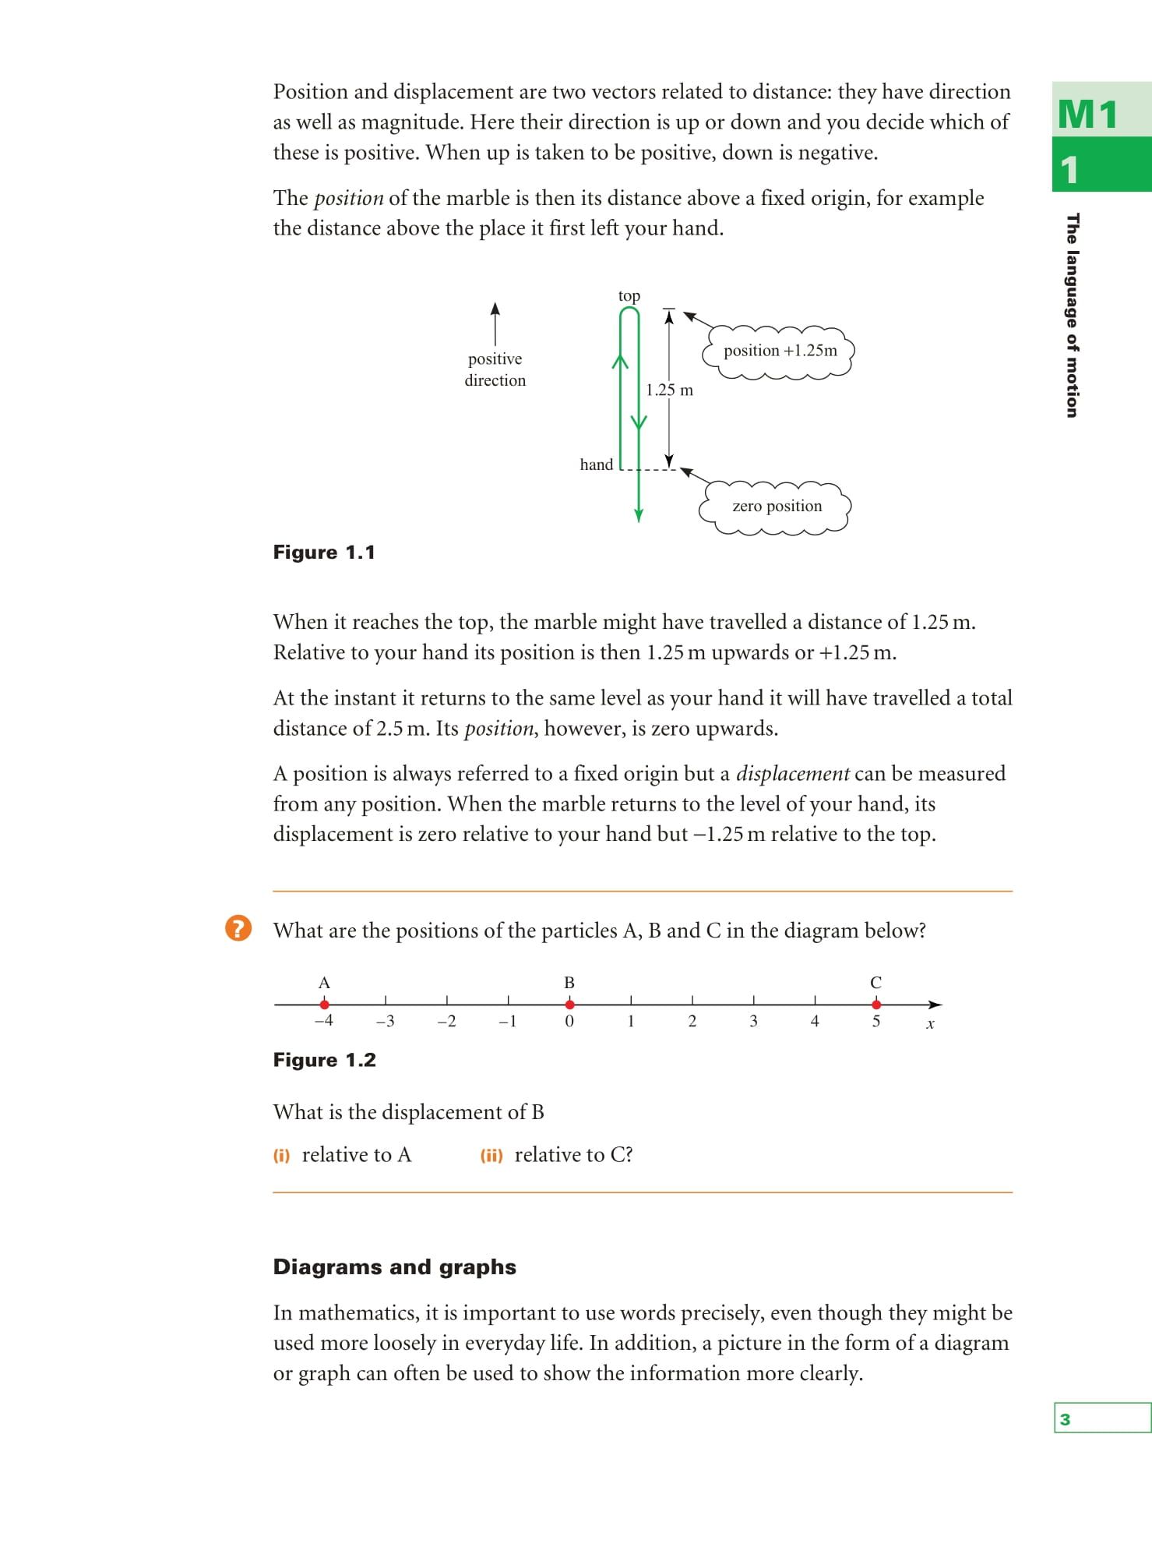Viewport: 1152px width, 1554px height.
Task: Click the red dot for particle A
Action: point(324,1005)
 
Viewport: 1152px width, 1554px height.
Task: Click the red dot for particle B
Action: point(569,1005)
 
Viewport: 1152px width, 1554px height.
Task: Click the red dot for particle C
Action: point(876,1005)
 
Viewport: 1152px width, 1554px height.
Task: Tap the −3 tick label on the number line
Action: point(385,1022)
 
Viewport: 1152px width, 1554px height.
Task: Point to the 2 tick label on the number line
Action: point(692,1022)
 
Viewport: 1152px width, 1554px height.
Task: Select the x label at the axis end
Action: point(930,1024)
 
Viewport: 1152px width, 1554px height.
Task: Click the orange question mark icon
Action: point(238,928)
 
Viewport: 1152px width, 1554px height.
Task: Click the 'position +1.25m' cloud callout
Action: point(780,351)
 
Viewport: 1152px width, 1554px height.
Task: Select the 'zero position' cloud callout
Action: point(777,507)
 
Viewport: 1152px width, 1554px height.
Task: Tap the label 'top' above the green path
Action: point(629,296)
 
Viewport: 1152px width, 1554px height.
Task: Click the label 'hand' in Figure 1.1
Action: point(597,464)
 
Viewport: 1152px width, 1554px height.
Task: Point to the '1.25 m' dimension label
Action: point(670,390)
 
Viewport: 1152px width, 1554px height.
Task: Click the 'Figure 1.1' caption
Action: point(324,553)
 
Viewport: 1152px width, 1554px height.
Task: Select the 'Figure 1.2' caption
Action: point(324,1060)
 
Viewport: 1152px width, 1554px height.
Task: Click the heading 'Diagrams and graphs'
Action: point(394,1267)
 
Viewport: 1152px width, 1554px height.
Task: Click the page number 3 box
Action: point(1101,1418)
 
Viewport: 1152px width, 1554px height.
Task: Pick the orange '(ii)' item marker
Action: point(491,1156)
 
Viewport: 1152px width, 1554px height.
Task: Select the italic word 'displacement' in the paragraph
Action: point(793,774)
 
